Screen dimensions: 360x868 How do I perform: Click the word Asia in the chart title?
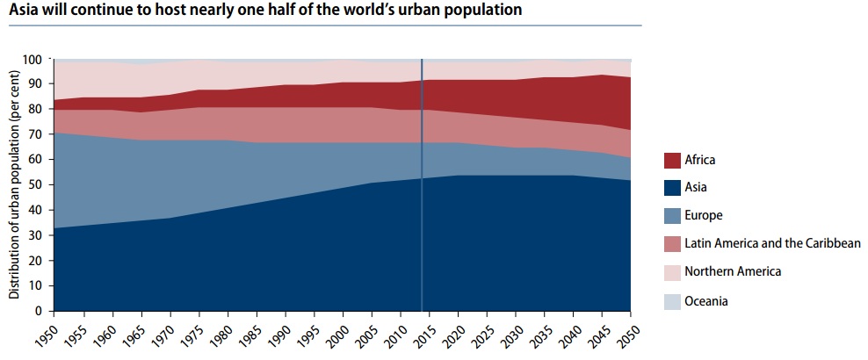[x=25, y=11]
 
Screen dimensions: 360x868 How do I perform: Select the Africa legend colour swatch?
[x=674, y=161]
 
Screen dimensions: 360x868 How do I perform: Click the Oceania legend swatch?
[x=674, y=300]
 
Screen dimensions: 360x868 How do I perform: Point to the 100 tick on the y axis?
[x=32, y=60]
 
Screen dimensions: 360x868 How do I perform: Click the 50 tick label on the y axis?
[x=35, y=185]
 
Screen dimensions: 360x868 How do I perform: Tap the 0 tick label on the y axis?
[x=39, y=311]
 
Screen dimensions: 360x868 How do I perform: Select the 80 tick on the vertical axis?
[x=35, y=110]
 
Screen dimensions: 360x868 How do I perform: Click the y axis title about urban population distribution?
[x=14, y=185]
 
